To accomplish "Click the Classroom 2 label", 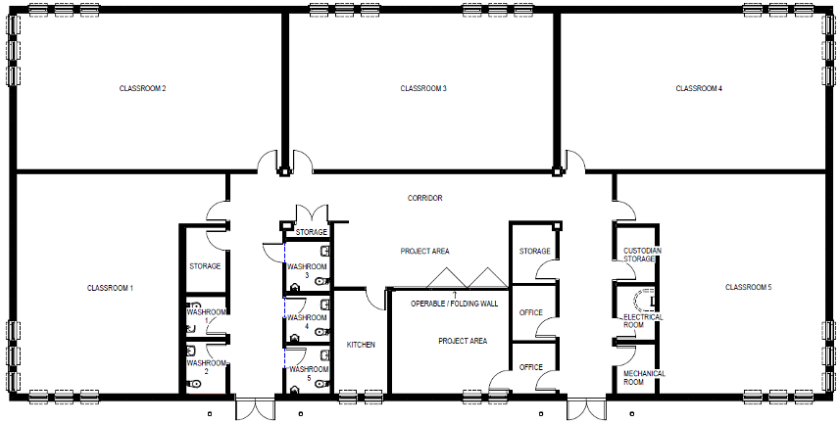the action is click(x=142, y=88).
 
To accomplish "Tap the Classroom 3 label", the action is click(x=423, y=88).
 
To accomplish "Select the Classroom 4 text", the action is click(x=699, y=88).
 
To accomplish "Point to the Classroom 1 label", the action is click(x=110, y=288).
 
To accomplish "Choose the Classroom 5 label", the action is click(x=749, y=287).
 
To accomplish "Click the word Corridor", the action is click(x=424, y=198).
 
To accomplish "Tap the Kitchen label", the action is click(x=361, y=345).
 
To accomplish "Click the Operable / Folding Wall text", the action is click(x=454, y=304).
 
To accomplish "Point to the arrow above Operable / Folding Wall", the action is click(x=456, y=294).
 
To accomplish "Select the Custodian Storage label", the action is click(x=640, y=255).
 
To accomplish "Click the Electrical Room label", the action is click(x=642, y=321).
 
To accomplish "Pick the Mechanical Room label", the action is click(x=644, y=378).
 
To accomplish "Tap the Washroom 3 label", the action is click(x=307, y=270).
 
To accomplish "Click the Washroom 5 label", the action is click(x=309, y=373).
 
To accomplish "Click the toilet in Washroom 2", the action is click(x=195, y=384).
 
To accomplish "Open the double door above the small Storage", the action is click(x=312, y=212).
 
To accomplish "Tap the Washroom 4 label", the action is click(x=307, y=321).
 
